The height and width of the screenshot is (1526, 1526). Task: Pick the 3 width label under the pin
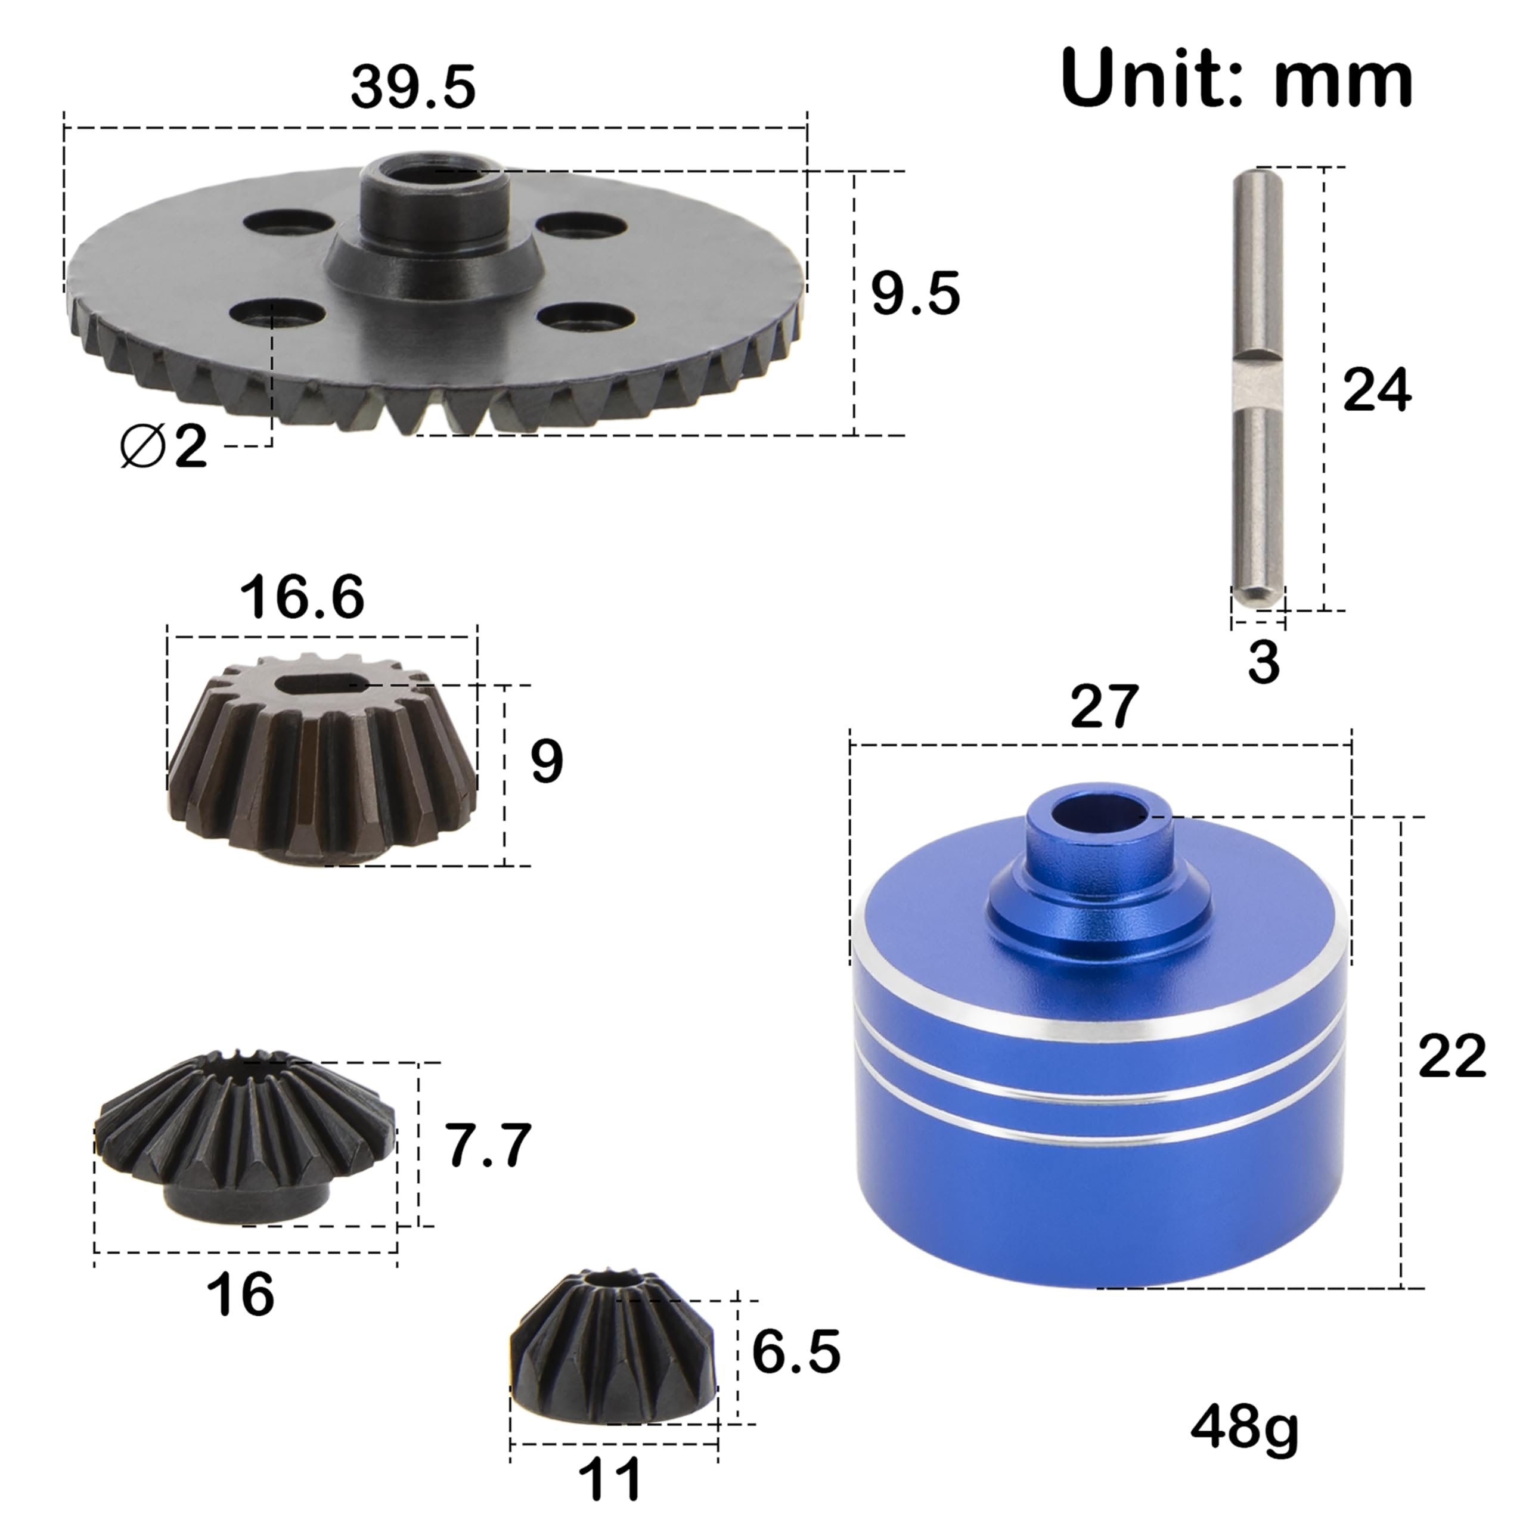click(1263, 661)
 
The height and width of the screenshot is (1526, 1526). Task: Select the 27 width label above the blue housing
click(1104, 706)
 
